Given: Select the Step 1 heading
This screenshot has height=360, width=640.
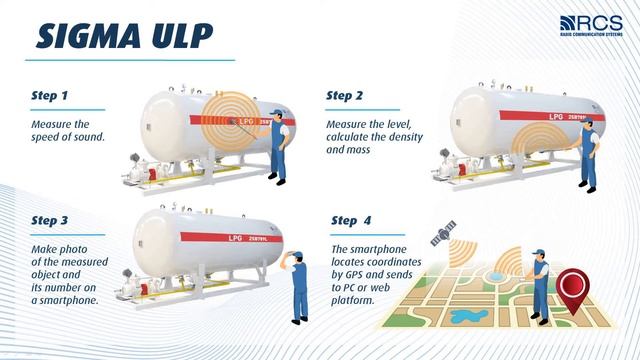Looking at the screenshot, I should [50, 96].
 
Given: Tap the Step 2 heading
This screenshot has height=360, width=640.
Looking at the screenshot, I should [346, 96].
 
